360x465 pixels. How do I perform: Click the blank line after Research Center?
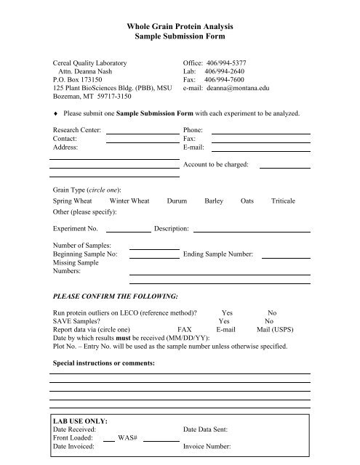pos(143,132)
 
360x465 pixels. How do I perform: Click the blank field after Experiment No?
pos(132,230)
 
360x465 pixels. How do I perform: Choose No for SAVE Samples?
pos(269,320)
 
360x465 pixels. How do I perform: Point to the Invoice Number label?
pos(207,448)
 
